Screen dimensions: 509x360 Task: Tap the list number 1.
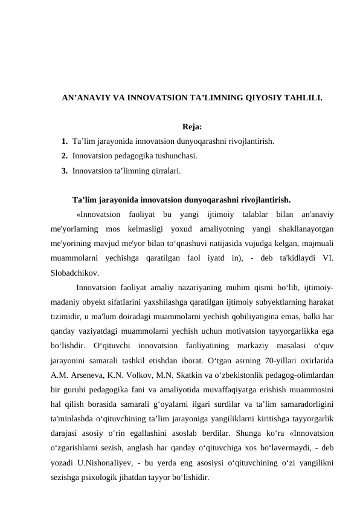click(x=64, y=142)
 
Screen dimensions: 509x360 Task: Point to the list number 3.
click(x=64, y=171)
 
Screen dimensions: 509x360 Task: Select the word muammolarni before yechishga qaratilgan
click(x=77, y=258)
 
